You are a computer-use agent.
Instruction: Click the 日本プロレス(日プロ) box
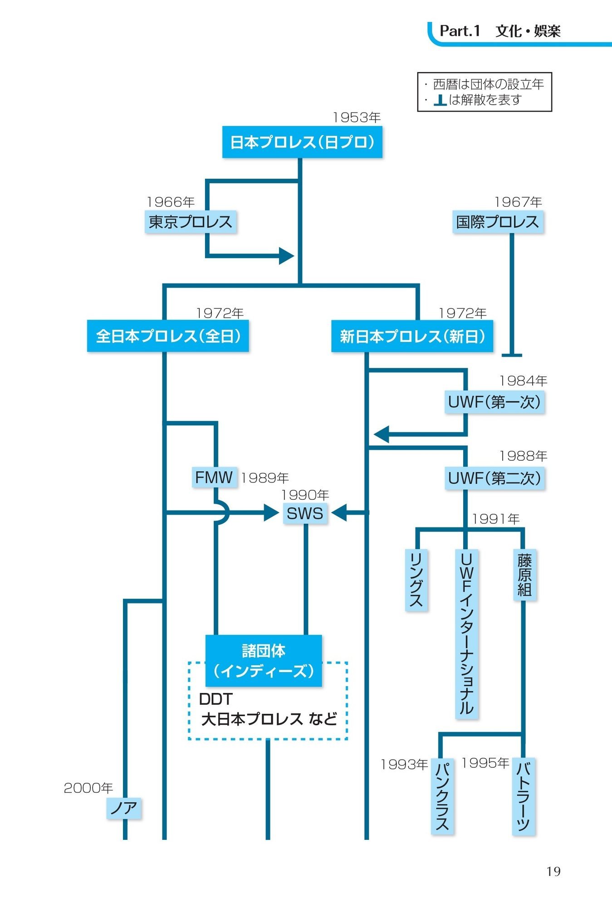(302, 142)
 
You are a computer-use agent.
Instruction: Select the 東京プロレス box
(191, 222)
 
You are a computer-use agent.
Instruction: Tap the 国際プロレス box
(498, 222)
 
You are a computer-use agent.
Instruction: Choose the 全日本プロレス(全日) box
(168, 336)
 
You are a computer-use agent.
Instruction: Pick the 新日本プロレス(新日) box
(412, 336)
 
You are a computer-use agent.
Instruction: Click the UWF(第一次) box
(494, 402)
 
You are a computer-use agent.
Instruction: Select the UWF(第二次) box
(494, 478)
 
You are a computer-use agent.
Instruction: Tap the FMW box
(214, 477)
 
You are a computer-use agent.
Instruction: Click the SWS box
(305, 513)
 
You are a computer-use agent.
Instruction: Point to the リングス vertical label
(416, 580)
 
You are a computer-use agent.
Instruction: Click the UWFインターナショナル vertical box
(466, 634)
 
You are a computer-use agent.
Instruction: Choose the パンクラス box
(442, 796)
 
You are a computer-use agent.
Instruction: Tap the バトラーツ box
(524, 796)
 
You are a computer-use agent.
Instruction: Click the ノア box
(124, 808)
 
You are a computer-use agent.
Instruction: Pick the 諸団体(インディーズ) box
(264, 661)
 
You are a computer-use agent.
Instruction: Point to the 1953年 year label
(357, 117)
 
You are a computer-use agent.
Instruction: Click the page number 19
(553, 871)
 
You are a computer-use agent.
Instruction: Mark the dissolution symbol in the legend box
(440, 100)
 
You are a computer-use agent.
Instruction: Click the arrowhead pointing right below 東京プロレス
(286, 256)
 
